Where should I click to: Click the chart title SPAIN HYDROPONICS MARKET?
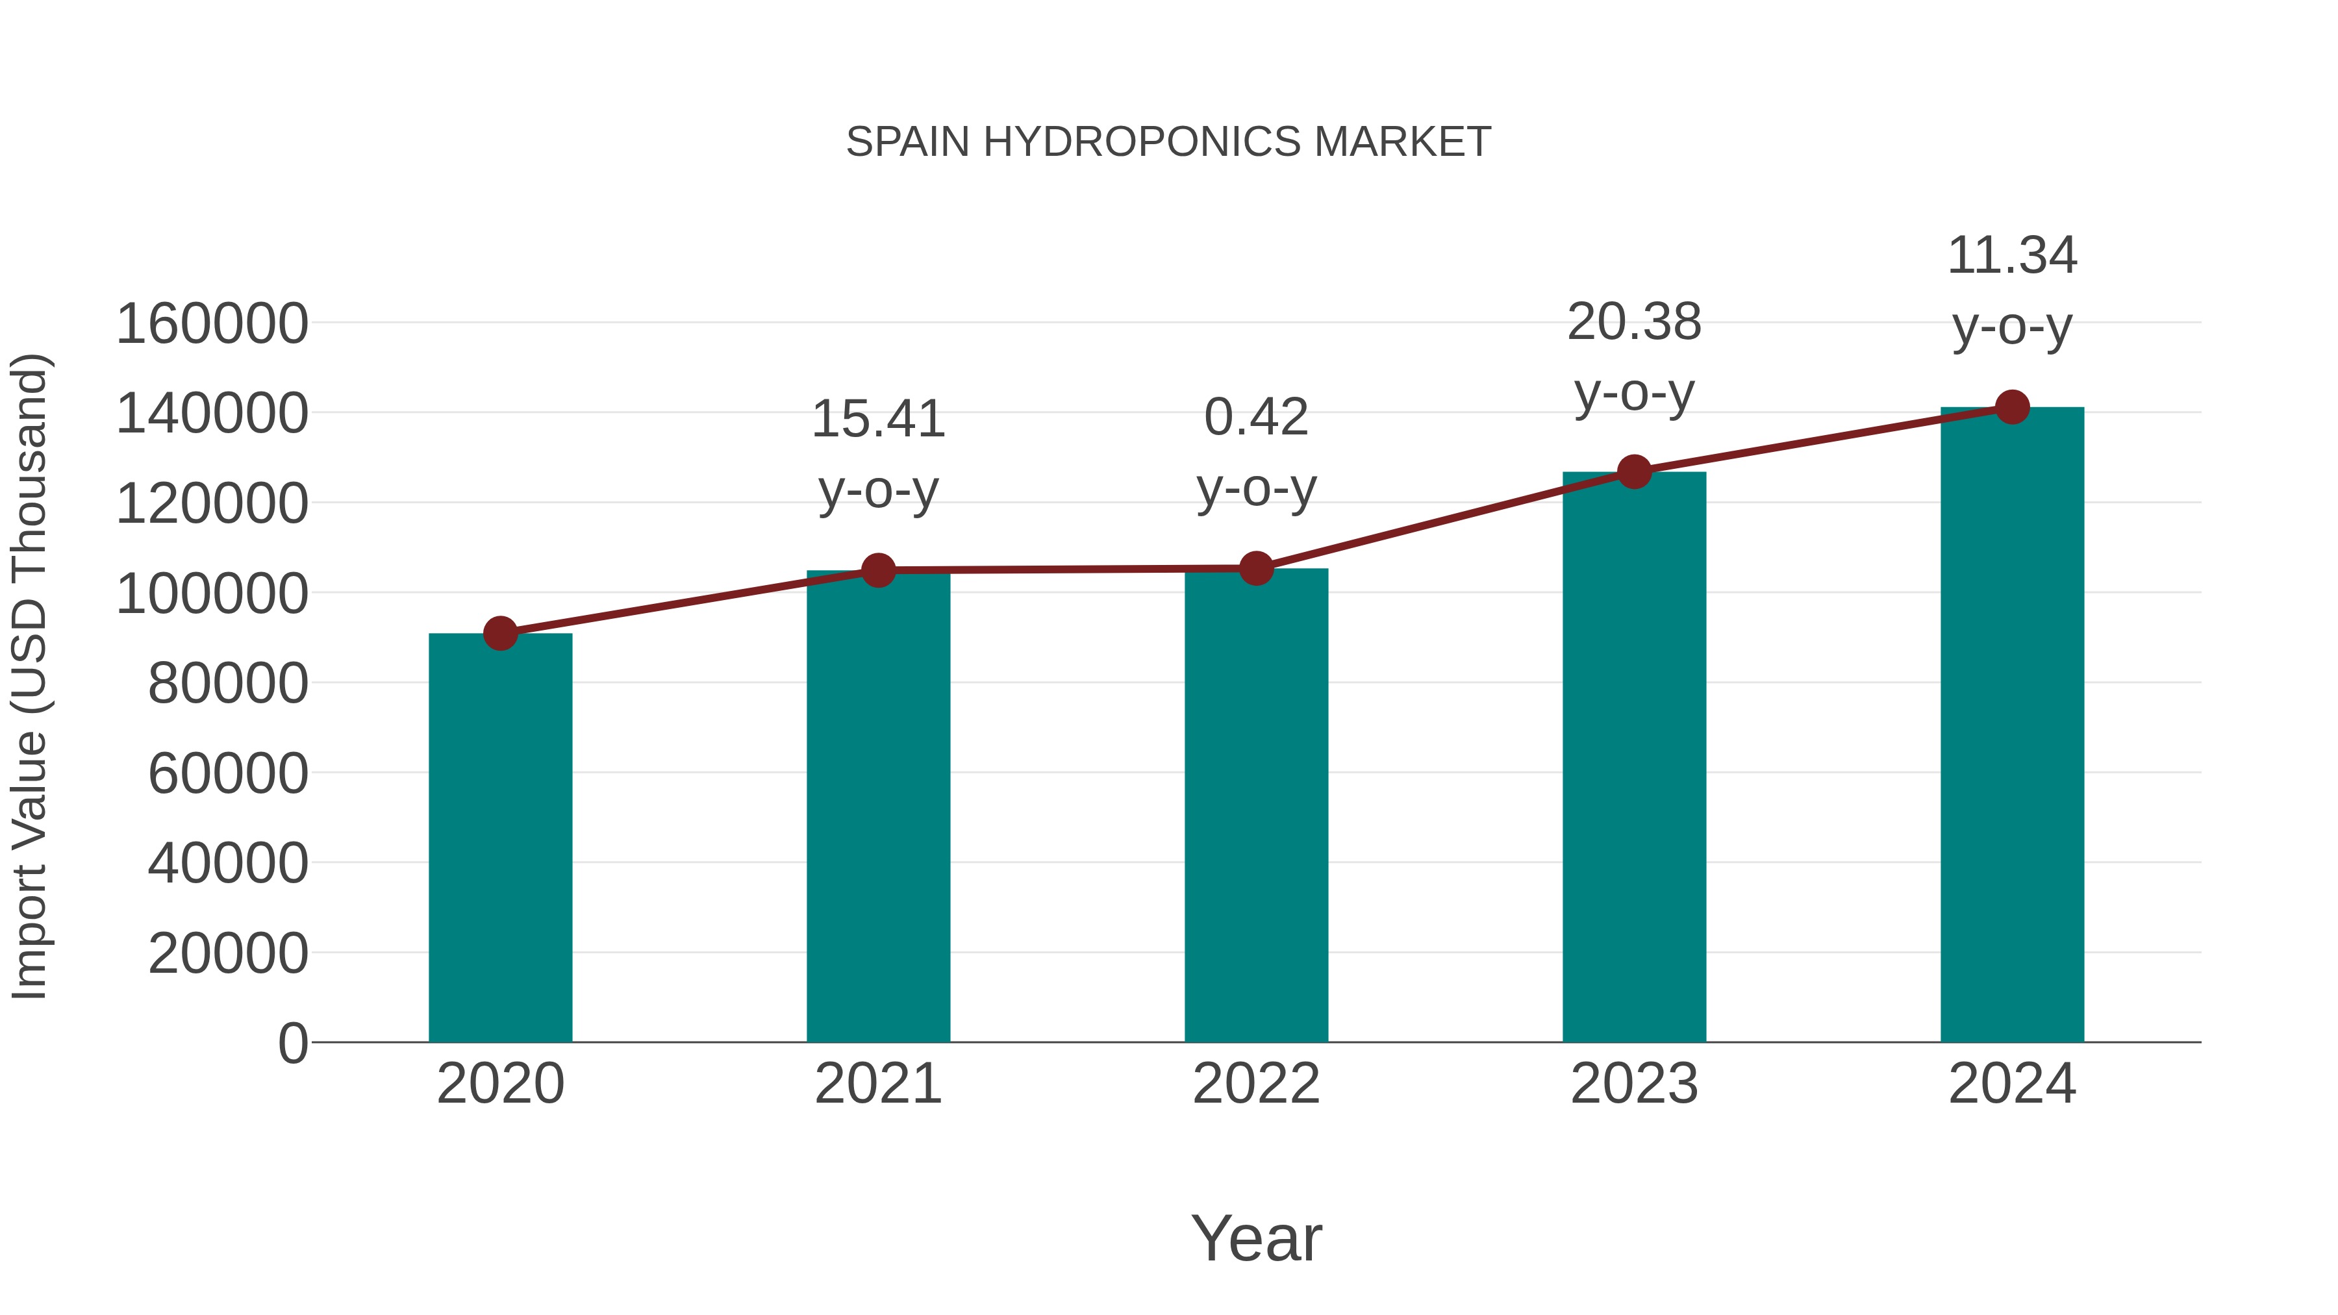(1168, 142)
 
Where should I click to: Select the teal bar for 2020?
(500, 840)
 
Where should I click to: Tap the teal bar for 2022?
(1256, 808)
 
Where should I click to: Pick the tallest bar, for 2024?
(2012, 726)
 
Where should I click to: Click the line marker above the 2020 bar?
(500, 633)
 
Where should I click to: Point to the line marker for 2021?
(877, 571)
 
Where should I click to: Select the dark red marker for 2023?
(1634, 472)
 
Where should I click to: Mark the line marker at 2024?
(2012, 407)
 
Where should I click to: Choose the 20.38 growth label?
(1634, 358)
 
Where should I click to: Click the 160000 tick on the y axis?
(212, 324)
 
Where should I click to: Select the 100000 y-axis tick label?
(212, 594)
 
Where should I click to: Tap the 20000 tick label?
(228, 954)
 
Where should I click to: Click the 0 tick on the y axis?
(292, 1043)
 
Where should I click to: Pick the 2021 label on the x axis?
(877, 1084)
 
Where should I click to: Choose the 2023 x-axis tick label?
(1634, 1084)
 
